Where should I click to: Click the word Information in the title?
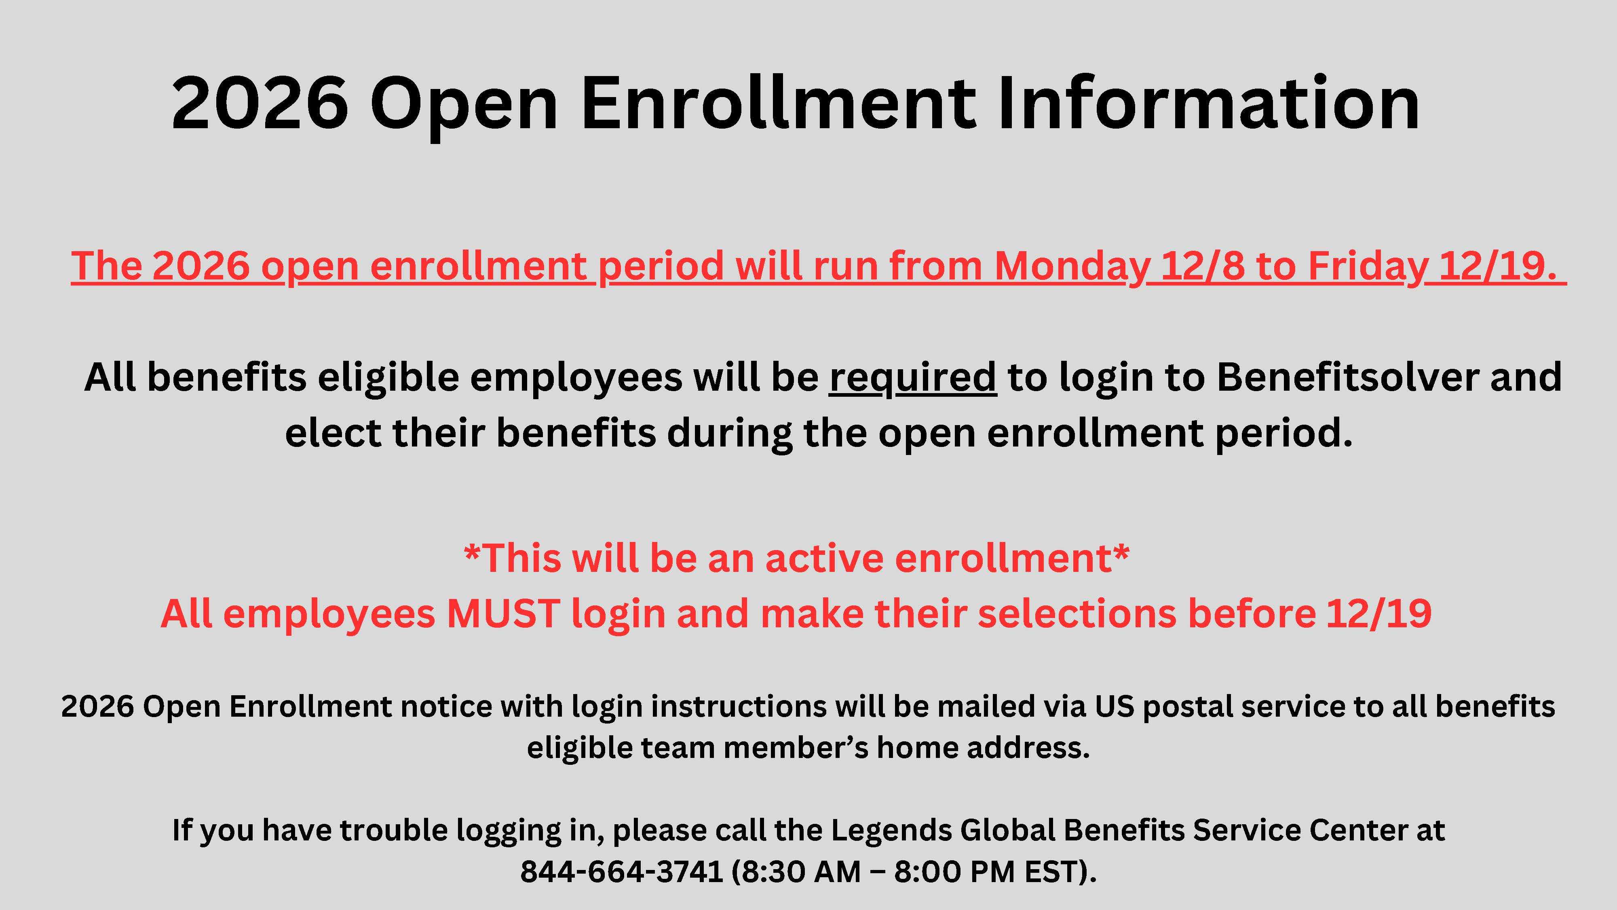(1208, 103)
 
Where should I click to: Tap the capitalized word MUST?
(503, 613)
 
